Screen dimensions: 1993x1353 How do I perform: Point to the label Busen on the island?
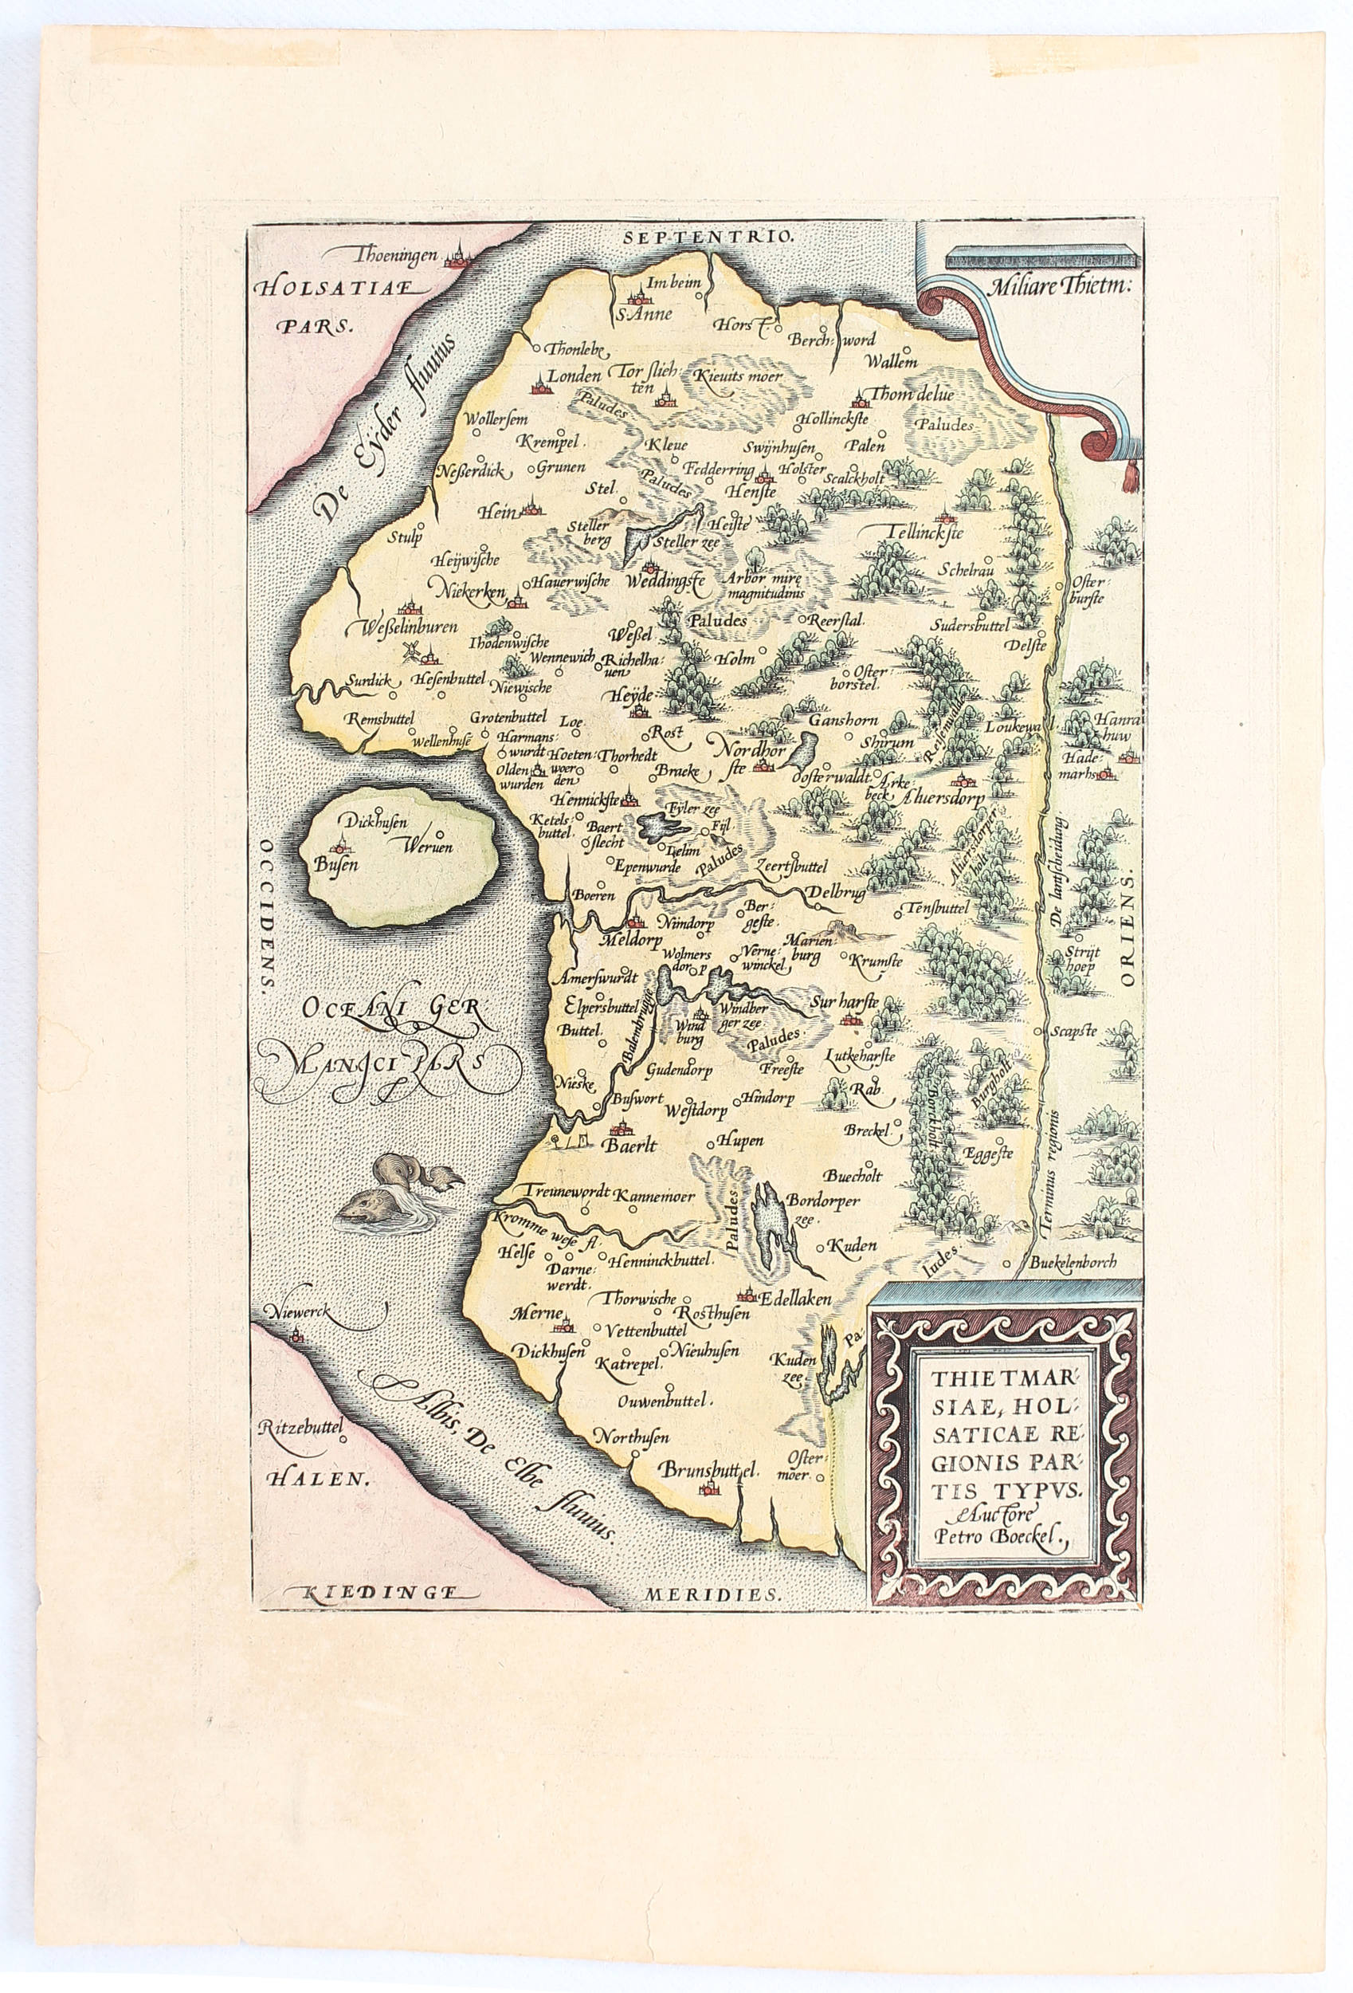(335, 865)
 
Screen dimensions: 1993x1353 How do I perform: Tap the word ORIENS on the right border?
(1126, 929)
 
